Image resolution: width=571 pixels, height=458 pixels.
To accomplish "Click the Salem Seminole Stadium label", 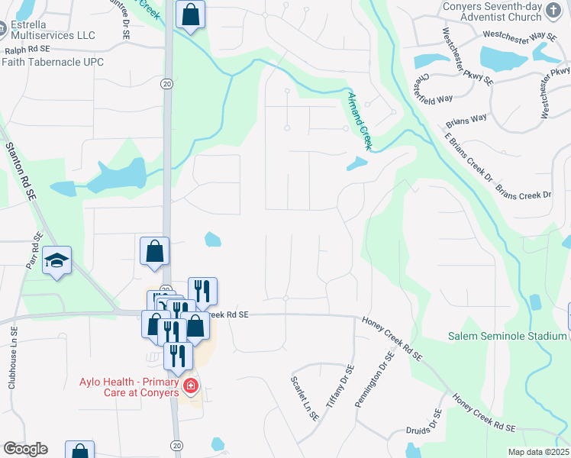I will click(506, 336).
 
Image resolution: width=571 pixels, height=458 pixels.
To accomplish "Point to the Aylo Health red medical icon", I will click(190, 387).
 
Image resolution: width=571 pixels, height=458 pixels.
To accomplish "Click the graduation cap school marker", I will click(57, 261).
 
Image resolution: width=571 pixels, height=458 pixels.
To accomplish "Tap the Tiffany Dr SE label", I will click(340, 385).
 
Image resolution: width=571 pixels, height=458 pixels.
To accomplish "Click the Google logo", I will click(25, 449).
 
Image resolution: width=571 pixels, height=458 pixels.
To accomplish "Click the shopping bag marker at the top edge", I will click(190, 15).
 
